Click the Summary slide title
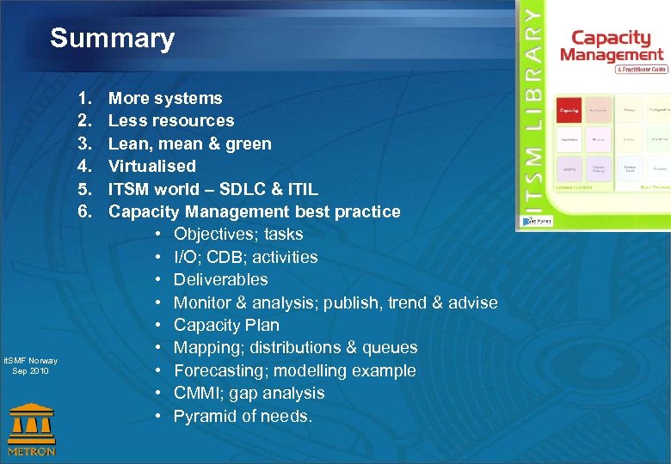coord(112,39)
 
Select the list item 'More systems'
coord(165,99)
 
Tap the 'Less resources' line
coord(171,121)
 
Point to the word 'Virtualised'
coord(152,166)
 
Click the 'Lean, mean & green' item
coord(189,143)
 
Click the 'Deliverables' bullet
coord(220,279)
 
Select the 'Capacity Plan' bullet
coord(226,325)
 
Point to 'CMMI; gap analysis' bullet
coord(249,393)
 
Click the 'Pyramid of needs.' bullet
coord(243,416)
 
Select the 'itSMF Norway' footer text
coord(31,361)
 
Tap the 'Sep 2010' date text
coord(31,371)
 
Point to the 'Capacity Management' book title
coord(612,46)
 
